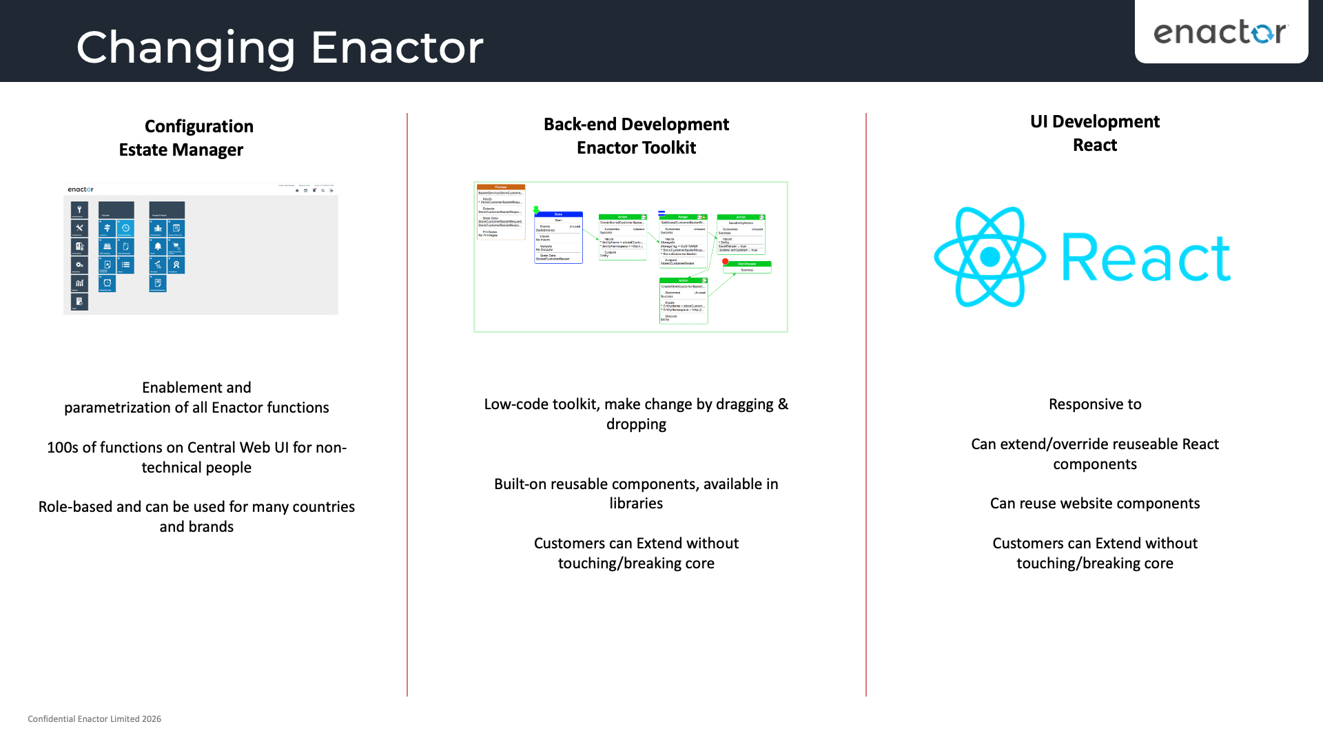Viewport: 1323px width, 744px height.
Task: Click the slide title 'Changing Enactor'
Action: point(279,47)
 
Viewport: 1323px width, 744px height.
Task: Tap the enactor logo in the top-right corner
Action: point(1220,32)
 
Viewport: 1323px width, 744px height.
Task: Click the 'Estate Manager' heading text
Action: point(181,149)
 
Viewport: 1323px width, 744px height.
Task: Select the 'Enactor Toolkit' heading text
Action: point(635,147)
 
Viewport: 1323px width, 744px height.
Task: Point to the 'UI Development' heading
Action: point(1094,122)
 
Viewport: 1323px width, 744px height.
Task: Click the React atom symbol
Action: point(989,257)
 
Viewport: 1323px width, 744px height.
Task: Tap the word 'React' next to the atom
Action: point(1145,258)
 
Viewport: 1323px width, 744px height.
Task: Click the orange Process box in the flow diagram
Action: point(501,211)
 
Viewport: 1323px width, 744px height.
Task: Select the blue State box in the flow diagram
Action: point(558,238)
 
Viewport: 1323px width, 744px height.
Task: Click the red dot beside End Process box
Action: point(725,262)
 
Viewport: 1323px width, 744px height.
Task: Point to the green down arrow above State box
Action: point(536,209)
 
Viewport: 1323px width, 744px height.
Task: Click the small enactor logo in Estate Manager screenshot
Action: point(81,189)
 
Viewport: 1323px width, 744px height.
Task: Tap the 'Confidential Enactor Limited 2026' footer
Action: point(94,719)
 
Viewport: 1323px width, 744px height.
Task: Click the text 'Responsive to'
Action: point(1094,404)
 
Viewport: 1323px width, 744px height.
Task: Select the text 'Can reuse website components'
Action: point(1094,504)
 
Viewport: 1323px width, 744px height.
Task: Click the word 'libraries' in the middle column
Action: point(635,504)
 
